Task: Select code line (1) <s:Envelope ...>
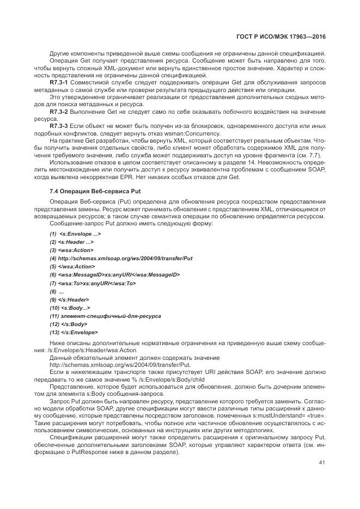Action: point(75,233)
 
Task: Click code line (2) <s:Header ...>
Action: point(71,241)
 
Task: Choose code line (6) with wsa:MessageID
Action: point(114,274)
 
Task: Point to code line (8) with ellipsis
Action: point(57,291)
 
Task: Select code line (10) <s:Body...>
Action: point(70,308)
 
